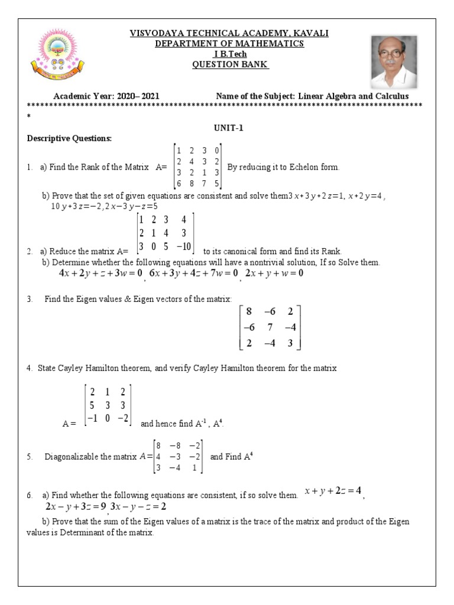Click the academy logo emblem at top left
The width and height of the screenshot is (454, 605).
click(58, 57)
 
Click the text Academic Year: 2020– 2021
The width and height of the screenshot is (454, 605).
click(106, 96)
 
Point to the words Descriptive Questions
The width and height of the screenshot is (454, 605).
click(69, 138)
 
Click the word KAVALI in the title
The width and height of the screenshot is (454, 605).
click(309, 34)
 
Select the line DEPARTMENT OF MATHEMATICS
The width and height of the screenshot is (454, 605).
click(229, 44)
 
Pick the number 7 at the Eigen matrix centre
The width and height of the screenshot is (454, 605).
click(269, 327)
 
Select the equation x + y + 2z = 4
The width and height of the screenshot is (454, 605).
click(333, 491)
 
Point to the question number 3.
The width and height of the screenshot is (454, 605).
click(29, 299)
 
